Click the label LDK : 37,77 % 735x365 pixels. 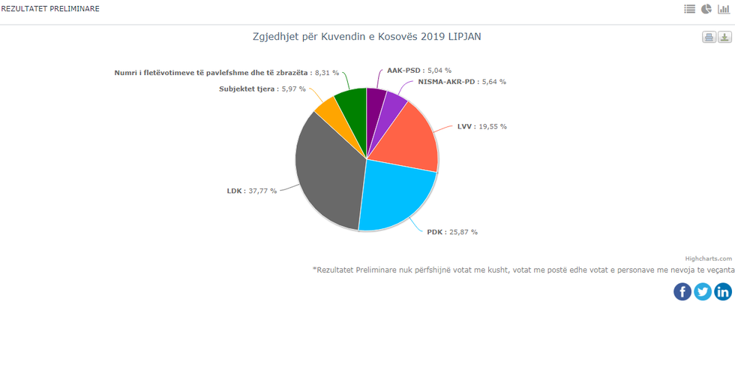(x=252, y=191)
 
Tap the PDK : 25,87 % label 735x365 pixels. (x=452, y=232)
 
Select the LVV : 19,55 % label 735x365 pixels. (x=481, y=127)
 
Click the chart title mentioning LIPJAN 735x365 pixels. (x=367, y=36)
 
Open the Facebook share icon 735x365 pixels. (x=682, y=291)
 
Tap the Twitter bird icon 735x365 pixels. (x=703, y=291)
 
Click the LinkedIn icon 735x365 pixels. (x=723, y=291)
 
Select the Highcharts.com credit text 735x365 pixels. (x=708, y=258)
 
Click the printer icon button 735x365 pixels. (x=709, y=38)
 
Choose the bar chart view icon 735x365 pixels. (x=724, y=9)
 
